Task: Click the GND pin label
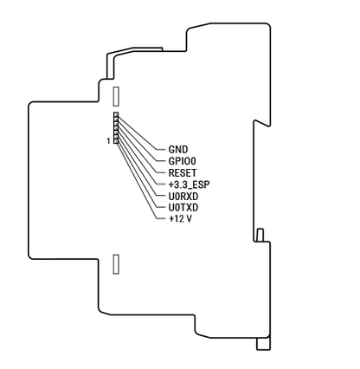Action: [178, 150]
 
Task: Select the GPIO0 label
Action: [182, 161]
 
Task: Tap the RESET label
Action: [183, 173]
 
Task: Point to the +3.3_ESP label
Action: [189, 184]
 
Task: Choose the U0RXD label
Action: [183, 197]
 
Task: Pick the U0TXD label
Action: [183, 208]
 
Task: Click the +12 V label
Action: [180, 219]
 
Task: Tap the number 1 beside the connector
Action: [108, 141]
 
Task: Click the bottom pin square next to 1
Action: [116, 141]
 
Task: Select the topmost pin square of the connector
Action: [116, 114]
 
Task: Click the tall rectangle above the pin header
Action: [116, 96]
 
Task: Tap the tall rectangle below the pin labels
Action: [116, 264]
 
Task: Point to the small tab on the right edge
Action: [260, 235]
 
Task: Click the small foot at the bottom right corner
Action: [264, 344]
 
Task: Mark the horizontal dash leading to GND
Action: [161, 150]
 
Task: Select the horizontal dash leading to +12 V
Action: [161, 219]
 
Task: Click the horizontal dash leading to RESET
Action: [161, 173]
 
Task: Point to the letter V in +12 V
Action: [189, 219]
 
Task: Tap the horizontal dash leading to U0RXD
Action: [161, 197]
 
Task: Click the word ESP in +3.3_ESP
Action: [202, 184]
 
